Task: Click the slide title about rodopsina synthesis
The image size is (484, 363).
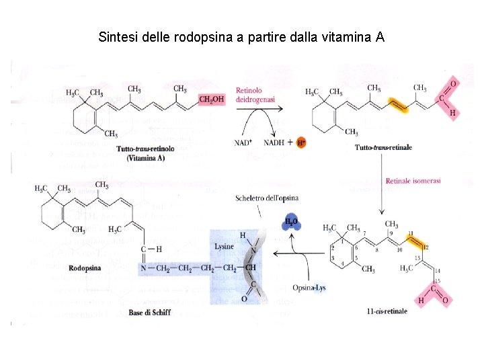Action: (241, 36)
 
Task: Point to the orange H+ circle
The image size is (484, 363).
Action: (300, 143)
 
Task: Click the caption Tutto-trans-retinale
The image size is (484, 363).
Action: (382, 147)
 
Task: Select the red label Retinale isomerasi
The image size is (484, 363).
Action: (413, 180)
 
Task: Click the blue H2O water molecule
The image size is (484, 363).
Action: (291, 224)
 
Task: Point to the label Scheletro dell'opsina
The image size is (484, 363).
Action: (267, 198)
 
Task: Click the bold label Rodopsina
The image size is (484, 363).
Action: (85, 268)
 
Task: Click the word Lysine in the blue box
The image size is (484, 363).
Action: (225, 247)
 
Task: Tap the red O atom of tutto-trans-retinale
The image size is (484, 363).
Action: (452, 83)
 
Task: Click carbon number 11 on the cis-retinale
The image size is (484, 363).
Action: (411, 231)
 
